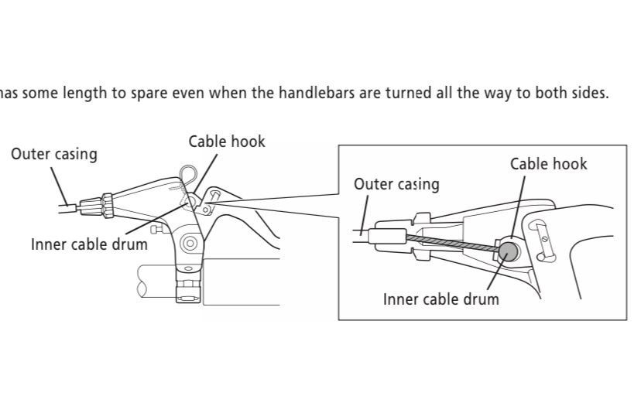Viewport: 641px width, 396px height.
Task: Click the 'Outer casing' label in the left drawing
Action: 54,154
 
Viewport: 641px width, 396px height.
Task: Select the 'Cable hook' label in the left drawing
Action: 227,142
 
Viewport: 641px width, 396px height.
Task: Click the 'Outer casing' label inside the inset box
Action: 396,184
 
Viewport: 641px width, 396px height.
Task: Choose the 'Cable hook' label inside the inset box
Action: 548,164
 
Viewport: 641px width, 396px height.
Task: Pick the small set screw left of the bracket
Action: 158,229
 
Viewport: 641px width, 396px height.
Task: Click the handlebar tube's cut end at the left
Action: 142,280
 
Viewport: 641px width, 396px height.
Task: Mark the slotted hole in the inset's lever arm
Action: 543,235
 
